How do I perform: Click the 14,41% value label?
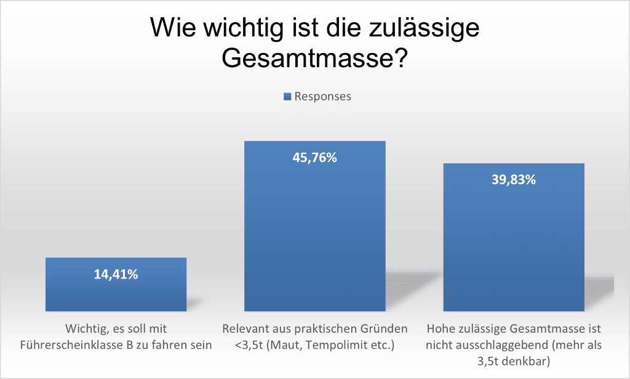pos(116,275)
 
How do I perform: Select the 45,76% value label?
pos(314,158)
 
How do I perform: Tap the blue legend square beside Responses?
pos(287,97)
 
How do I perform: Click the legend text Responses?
pos(323,97)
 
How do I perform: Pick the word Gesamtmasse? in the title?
pos(315,59)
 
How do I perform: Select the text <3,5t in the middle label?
pos(247,345)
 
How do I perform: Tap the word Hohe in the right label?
pos(439,329)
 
